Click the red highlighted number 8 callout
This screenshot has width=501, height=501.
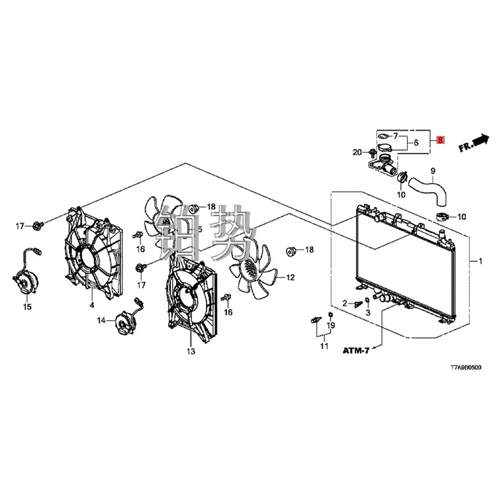(440, 141)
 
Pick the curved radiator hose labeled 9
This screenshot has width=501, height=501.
(428, 190)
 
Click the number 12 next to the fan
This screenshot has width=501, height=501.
(290, 277)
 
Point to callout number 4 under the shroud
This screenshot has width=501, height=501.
(91, 305)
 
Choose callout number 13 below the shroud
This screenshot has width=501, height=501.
(190, 352)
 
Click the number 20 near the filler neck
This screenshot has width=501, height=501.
(357, 152)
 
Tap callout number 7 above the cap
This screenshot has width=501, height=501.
(395, 135)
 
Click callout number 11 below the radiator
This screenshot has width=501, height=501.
(324, 346)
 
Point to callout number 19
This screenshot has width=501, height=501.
(332, 325)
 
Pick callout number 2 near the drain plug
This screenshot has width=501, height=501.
(344, 303)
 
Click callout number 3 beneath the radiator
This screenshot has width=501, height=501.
(368, 312)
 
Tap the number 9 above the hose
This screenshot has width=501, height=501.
(431, 171)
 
